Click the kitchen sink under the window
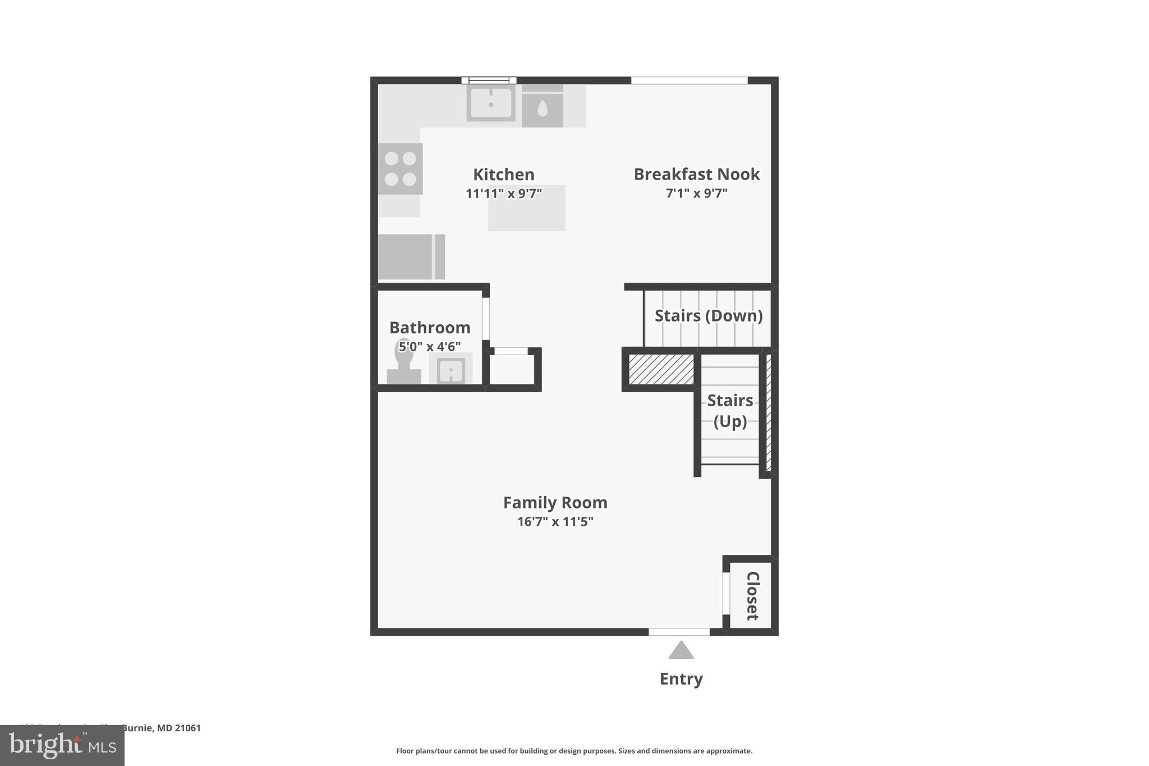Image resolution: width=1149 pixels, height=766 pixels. [x=491, y=103]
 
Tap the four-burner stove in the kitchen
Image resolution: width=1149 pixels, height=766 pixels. [x=400, y=169]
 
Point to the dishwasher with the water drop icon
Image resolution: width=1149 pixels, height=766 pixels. [x=543, y=109]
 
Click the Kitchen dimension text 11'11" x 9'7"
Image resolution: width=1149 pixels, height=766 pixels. [x=503, y=194]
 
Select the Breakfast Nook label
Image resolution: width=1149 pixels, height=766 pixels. [x=696, y=174]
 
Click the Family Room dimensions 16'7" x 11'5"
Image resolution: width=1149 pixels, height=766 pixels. [x=555, y=522]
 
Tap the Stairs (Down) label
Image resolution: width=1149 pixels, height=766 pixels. [x=708, y=316]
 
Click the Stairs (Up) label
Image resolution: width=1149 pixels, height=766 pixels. [x=730, y=411]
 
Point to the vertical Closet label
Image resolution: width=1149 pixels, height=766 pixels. [x=752, y=596]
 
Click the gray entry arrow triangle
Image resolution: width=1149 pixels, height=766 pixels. [x=681, y=650]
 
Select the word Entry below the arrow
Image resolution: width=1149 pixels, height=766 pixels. [x=681, y=679]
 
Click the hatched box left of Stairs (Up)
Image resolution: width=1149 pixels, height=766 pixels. [x=661, y=369]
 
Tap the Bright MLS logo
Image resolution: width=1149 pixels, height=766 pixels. [x=62, y=745]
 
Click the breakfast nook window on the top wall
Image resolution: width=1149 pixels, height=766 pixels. [x=689, y=81]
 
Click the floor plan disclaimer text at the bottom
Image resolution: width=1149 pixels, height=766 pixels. [x=574, y=751]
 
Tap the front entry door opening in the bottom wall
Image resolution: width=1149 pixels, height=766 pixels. [x=679, y=632]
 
